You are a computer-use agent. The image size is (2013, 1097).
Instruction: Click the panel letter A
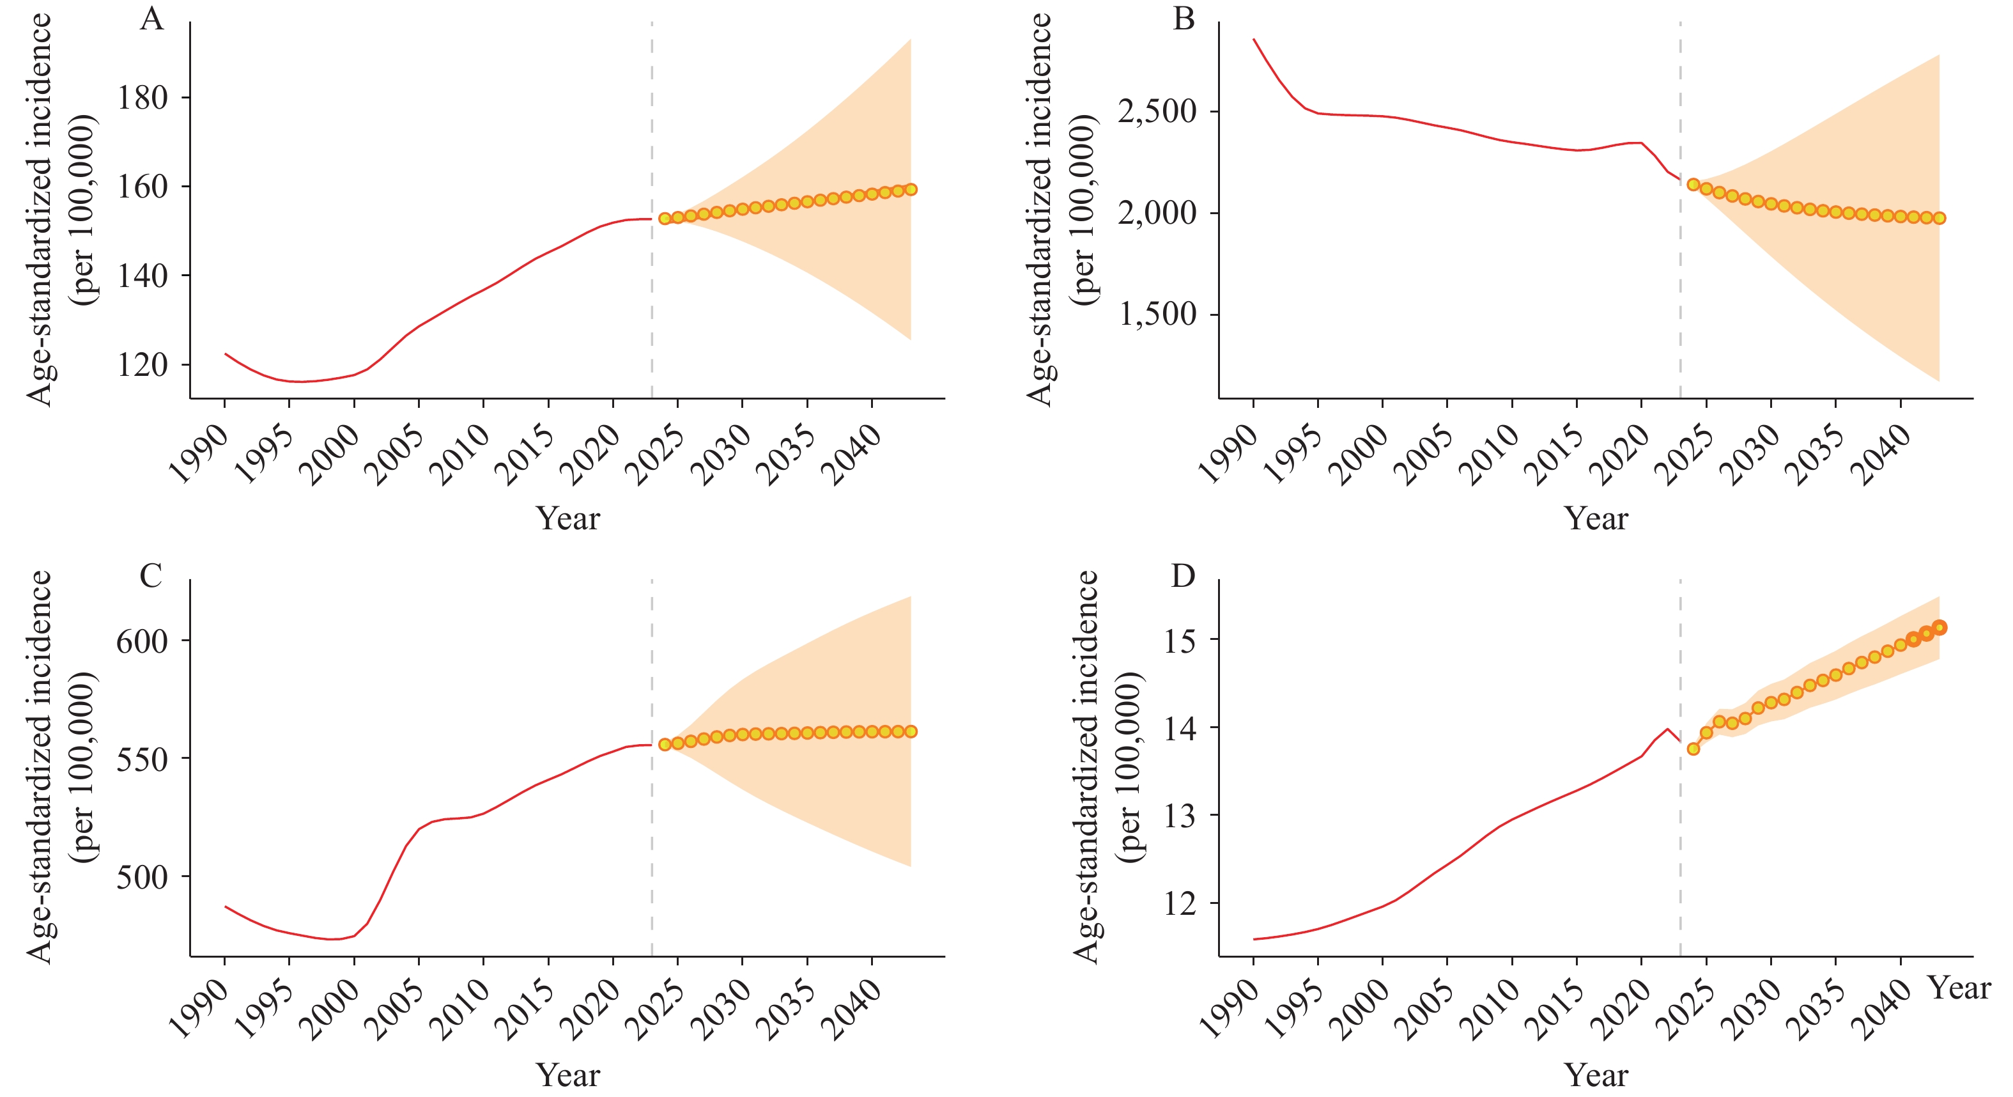151,19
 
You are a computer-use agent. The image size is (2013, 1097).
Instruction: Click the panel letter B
1184,19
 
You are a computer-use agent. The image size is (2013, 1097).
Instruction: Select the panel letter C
151,576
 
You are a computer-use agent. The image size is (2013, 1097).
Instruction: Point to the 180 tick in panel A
143,98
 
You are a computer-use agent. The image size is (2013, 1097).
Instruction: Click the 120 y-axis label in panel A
143,365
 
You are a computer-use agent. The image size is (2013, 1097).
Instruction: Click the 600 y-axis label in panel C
143,641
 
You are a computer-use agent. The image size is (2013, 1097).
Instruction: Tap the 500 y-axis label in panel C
143,877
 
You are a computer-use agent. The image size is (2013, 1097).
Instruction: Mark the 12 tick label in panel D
1180,904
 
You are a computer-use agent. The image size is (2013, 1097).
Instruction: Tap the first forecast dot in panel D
1693,749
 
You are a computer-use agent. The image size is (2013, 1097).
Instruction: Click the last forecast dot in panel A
911,189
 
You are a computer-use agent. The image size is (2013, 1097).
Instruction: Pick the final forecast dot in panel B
1940,218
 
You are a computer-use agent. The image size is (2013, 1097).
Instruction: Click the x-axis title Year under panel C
568,1076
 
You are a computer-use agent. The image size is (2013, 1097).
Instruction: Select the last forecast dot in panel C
911,732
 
